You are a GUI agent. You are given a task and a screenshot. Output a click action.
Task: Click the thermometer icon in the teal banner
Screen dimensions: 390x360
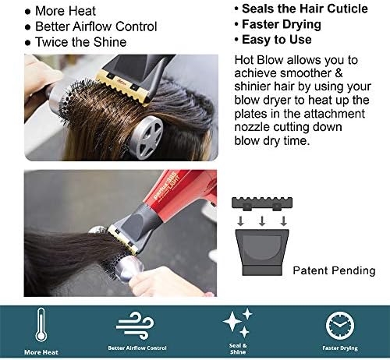(41, 325)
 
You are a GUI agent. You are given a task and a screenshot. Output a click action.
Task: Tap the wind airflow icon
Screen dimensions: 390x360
(135, 326)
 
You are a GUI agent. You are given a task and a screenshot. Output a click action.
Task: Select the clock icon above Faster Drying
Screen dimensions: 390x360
(340, 326)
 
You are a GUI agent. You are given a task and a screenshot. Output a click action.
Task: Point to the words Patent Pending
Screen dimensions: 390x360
(334, 270)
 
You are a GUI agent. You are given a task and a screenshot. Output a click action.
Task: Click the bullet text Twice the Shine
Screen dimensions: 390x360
(81, 42)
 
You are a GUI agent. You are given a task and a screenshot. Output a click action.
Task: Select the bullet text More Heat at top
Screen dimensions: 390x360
(66, 11)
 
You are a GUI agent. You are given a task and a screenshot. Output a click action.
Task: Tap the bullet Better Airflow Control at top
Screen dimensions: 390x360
(96, 26)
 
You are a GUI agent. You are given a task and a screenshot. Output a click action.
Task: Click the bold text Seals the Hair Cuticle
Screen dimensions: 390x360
(305, 9)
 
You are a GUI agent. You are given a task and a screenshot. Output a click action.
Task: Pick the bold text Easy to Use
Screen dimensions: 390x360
(277, 40)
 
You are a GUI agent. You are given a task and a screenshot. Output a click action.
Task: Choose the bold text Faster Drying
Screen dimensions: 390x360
(282, 24)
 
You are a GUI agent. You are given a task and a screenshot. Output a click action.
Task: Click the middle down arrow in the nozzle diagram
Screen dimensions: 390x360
(262, 221)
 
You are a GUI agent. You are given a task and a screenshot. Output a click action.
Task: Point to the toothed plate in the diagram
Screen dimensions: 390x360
(262, 203)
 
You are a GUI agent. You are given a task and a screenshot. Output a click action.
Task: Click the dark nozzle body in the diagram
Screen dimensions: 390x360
(262, 252)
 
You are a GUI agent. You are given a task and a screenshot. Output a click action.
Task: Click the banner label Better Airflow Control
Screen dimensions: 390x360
(137, 348)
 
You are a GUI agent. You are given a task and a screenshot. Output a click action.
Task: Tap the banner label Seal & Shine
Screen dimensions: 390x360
(238, 348)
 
